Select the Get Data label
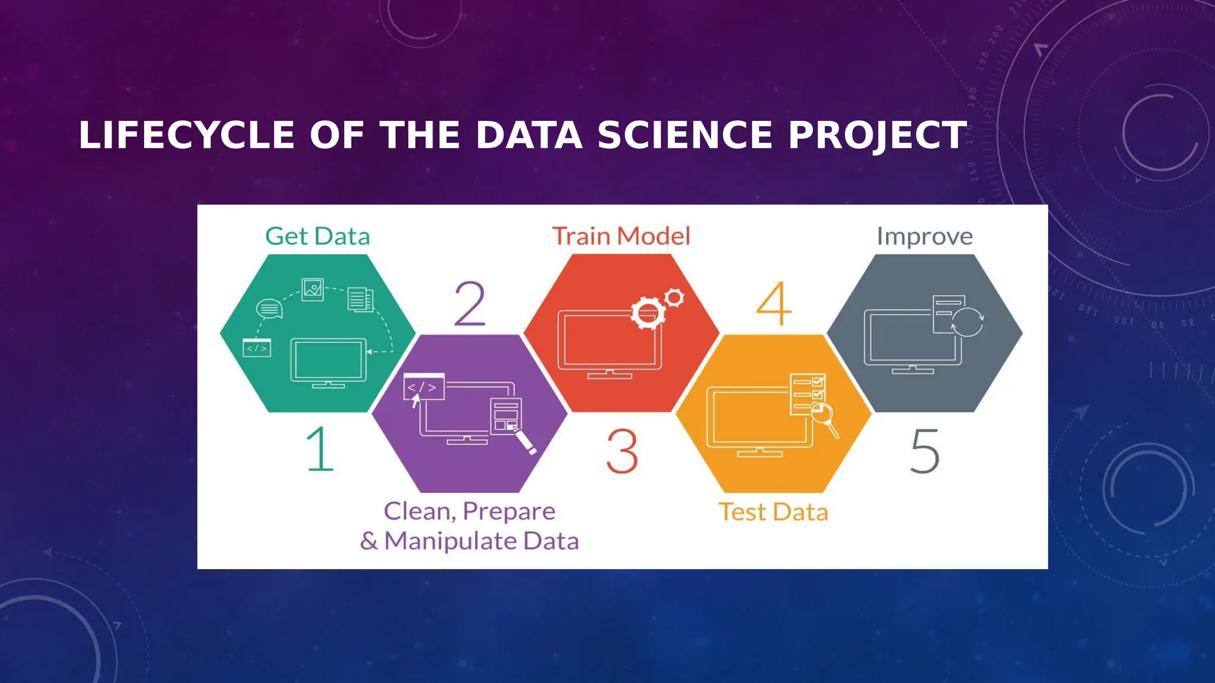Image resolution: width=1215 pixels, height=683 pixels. coord(317,236)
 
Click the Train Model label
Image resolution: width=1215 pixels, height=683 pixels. coord(621,236)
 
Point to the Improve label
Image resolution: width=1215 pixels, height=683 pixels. coord(924,236)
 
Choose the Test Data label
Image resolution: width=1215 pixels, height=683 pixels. coord(773,512)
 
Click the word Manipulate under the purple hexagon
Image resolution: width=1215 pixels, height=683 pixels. coord(450,541)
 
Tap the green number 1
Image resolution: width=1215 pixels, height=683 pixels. coord(320,449)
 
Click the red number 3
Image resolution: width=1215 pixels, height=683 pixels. coord(622,452)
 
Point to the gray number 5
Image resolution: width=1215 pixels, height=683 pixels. coord(924,452)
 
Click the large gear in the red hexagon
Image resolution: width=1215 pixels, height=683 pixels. coord(647,312)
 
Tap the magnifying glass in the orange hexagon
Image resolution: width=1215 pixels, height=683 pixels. coord(824,415)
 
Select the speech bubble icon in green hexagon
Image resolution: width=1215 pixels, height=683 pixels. coord(269,309)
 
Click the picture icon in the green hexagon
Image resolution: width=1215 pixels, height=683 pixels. coord(313,289)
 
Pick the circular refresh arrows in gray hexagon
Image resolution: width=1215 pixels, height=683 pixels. coord(968,322)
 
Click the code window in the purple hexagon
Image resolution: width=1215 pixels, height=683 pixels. coord(424,387)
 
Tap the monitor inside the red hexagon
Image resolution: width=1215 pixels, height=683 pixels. coord(610,343)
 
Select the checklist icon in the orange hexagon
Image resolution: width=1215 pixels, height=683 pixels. coord(807,392)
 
